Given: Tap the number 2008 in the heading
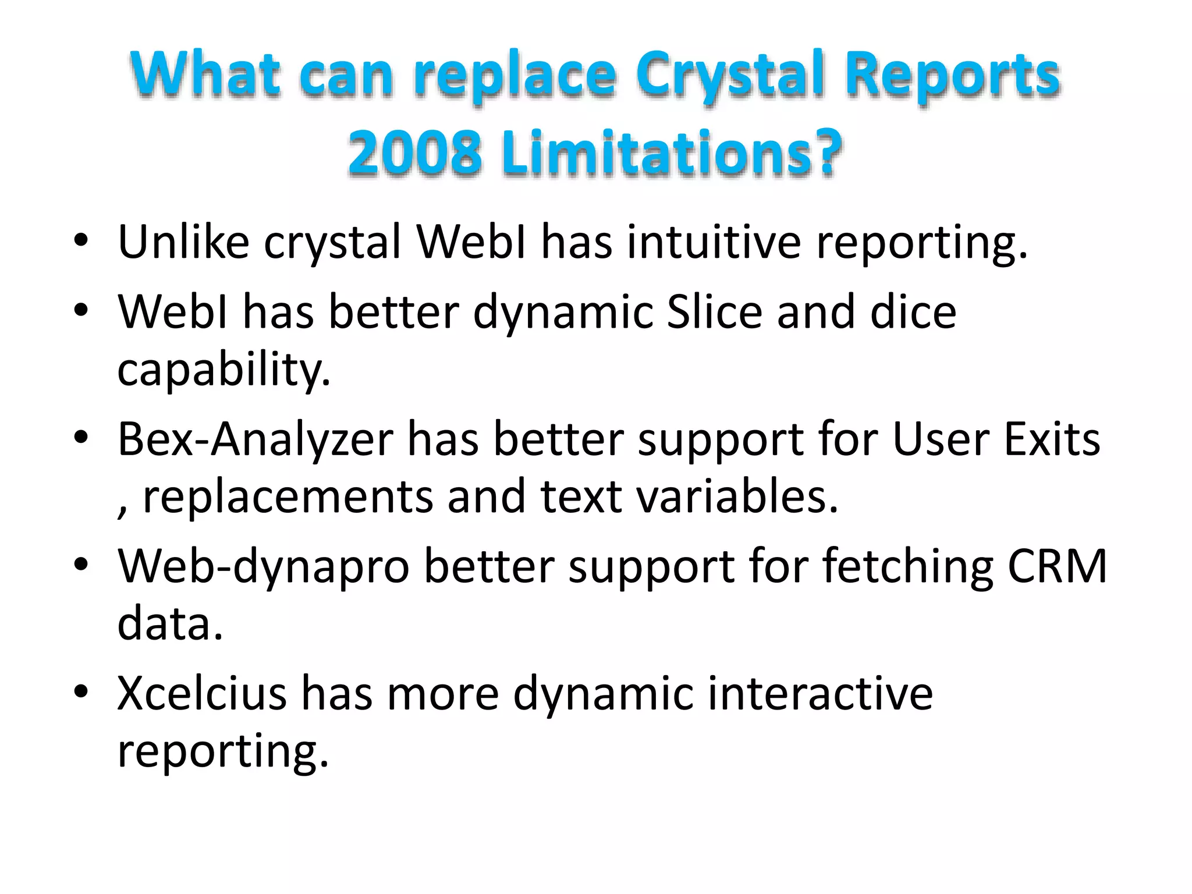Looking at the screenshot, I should pos(415,152).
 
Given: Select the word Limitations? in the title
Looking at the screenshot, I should pos(671,152).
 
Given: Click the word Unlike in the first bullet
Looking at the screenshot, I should pos(183,242).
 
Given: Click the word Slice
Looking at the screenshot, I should pos(714,313).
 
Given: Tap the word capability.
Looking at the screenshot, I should pos(223,371).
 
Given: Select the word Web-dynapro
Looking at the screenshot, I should pos(264,566).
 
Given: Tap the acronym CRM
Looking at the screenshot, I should pos(1056,566).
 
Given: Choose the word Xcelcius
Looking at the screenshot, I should pos(202,693).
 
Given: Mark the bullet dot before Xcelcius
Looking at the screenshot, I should pos(81,691).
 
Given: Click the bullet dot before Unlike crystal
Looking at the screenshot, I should pos(81,239).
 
